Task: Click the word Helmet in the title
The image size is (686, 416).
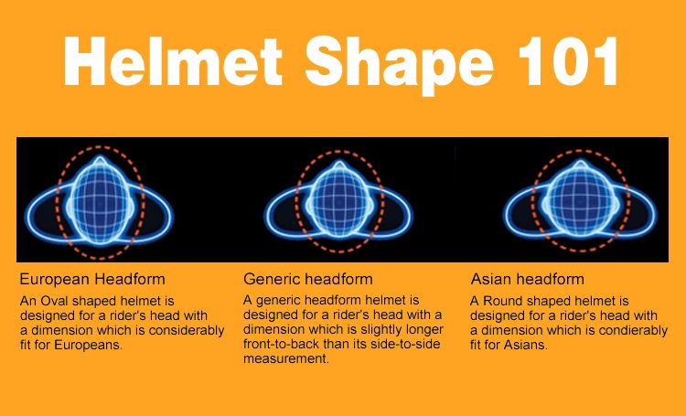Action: (x=173, y=61)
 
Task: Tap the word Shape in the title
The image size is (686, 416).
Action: (x=399, y=66)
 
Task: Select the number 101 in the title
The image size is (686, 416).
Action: (x=568, y=61)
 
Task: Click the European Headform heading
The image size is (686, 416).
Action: (x=92, y=279)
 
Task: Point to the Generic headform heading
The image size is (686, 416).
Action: (x=308, y=279)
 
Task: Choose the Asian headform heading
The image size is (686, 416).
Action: (x=527, y=279)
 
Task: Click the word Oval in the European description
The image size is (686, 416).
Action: (x=55, y=301)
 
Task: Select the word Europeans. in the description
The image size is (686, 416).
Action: (x=89, y=345)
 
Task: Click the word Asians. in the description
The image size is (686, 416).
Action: (x=525, y=345)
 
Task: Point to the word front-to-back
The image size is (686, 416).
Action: (x=282, y=344)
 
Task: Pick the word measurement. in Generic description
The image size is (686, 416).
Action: (x=286, y=358)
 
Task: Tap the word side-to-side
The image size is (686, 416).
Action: (x=405, y=344)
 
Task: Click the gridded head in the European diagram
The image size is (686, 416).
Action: (x=101, y=201)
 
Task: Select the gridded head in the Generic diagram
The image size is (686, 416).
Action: (x=339, y=200)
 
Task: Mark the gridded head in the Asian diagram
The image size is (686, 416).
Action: (x=580, y=200)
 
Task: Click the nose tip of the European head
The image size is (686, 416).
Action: (x=101, y=157)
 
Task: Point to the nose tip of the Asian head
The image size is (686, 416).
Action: (x=580, y=163)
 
